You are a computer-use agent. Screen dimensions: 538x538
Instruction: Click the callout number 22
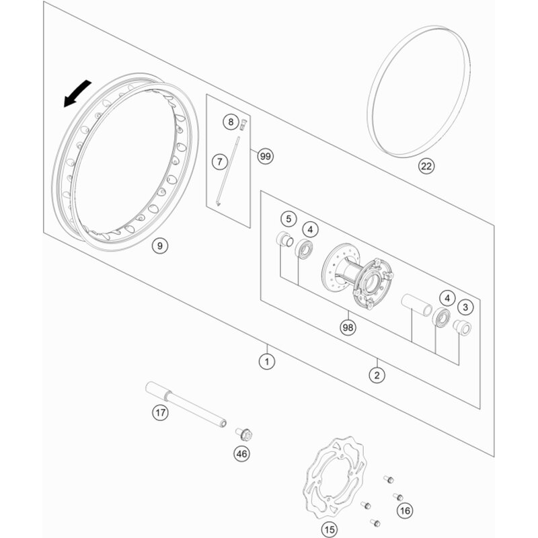click(x=426, y=166)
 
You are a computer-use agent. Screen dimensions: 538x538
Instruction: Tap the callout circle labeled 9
click(x=160, y=245)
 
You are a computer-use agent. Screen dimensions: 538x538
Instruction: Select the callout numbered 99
click(x=265, y=157)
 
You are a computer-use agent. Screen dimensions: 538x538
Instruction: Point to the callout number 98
click(x=348, y=328)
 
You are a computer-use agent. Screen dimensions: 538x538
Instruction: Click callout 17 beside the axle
click(x=160, y=412)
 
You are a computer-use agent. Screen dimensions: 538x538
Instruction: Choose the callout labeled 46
click(x=242, y=454)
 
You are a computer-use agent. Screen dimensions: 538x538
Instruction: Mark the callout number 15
click(x=330, y=529)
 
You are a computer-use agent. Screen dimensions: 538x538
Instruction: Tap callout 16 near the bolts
click(x=405, y=510)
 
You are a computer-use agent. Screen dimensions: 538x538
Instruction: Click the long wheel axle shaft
click(x=186, y=404)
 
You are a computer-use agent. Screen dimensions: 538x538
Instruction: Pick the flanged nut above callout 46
click(x=244, y=434)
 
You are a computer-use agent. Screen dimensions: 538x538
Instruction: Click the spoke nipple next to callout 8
click(x=243, y=124)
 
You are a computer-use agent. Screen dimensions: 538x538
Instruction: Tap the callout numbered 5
click(x=289, y=219)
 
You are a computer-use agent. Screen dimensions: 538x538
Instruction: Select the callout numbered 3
click(x=465, y=307)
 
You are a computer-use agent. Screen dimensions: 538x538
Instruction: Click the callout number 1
click(x=267, y=361)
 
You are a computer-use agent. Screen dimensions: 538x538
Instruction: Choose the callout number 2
click(x=377, y=375)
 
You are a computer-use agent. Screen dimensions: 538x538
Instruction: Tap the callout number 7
click(x=220, y=161)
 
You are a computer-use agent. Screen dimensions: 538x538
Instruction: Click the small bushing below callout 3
click(x=462, y=327)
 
